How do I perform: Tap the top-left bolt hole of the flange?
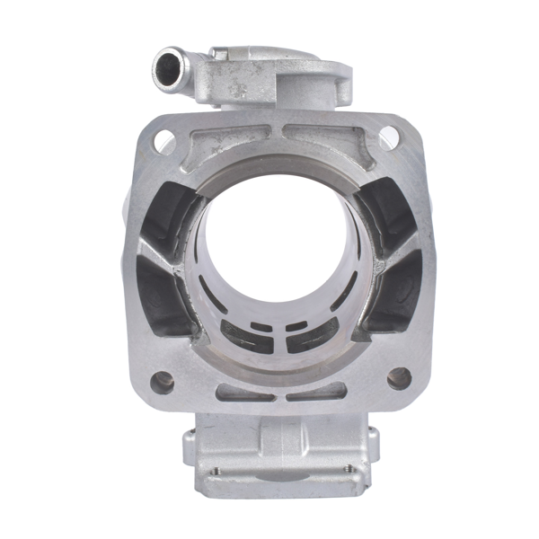click(163, 140)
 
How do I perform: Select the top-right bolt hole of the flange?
click(388, 137)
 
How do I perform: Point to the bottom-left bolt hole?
click(163, 381)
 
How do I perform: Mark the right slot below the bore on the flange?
click(317, 393)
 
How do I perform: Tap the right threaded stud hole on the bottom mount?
click(348, 468)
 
